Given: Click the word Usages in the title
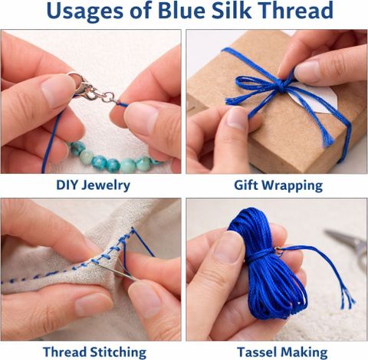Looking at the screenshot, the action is [x=84, y=11].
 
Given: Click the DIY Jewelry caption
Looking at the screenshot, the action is [x=93, y=185].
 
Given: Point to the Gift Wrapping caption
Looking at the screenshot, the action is [x=278, y=186].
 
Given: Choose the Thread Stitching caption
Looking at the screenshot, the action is [x=94, y=352].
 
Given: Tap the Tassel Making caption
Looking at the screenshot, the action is [x=282, y=352].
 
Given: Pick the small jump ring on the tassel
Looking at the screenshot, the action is [x=278, y=250].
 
